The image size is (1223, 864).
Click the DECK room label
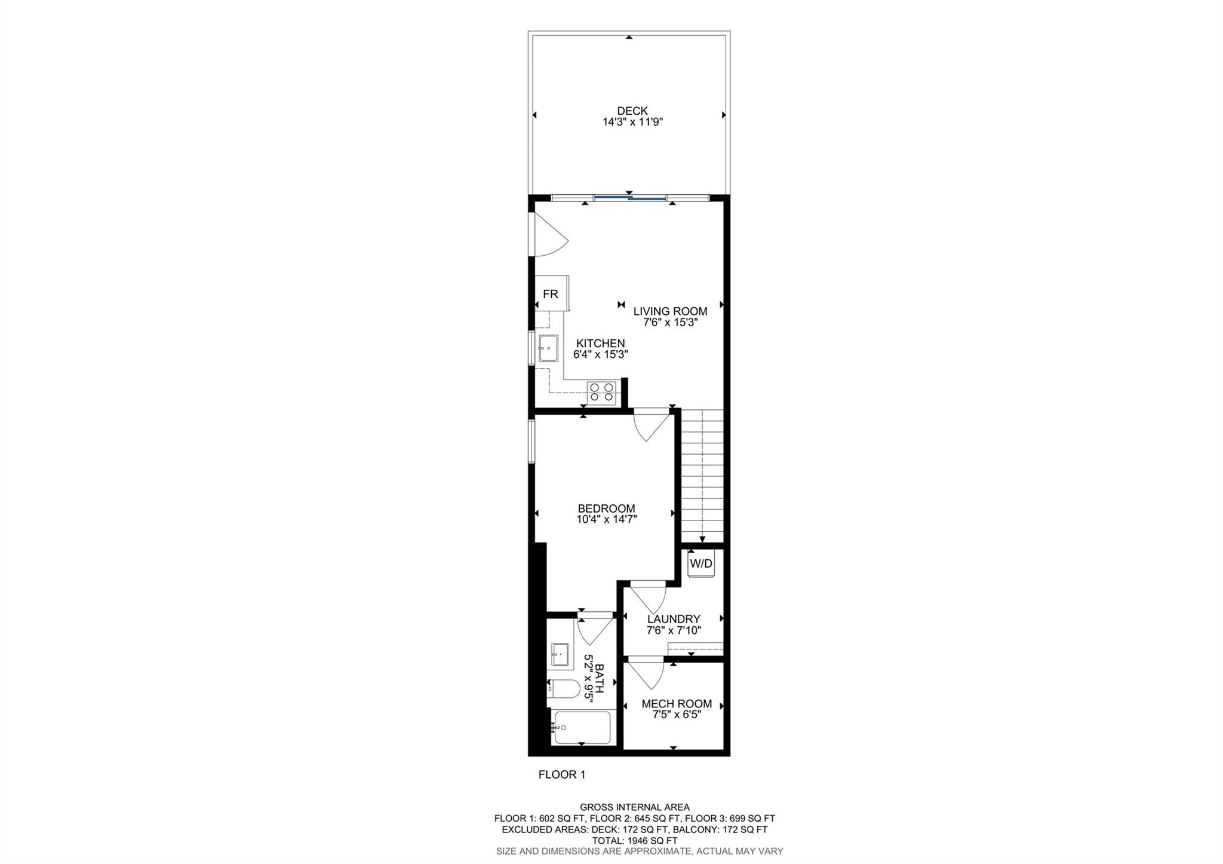(632, 111)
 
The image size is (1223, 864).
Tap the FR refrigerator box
(550, 294)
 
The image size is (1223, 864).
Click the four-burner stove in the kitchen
(601, 392)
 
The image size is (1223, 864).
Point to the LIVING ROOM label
(670, 311)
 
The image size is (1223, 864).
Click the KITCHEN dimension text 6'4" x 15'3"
(600, 354)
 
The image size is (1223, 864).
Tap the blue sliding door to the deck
(630, 197)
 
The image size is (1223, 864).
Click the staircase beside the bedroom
(702, 475)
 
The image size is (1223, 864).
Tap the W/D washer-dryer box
(701, 563)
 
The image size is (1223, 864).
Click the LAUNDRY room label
(674, 619)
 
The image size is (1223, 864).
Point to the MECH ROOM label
(677, 704)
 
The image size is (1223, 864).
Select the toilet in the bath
(563, 689)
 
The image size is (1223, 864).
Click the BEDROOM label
(606, 508)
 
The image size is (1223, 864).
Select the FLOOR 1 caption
(562, 775)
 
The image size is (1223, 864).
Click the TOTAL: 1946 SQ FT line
(634, 840)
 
